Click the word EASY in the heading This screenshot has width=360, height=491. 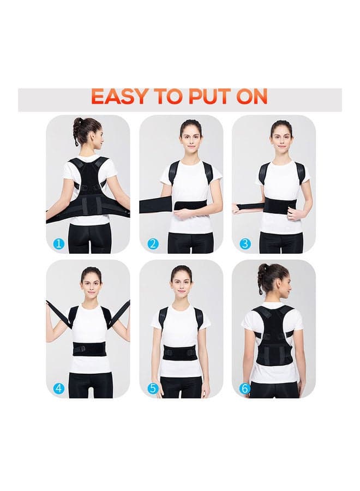point(119,97)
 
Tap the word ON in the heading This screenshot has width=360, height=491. point(251,97)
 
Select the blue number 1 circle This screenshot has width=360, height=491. point(59,243)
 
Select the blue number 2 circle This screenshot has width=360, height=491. point(153,243)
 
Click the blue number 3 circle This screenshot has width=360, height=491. point(245,243)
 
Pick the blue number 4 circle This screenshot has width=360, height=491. point(59,388)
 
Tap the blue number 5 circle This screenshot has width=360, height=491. point(153,388)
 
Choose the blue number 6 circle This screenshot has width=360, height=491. point(245,388)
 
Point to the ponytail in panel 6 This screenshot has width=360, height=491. point(262,276)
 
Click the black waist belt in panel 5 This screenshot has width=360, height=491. point(179,356)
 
